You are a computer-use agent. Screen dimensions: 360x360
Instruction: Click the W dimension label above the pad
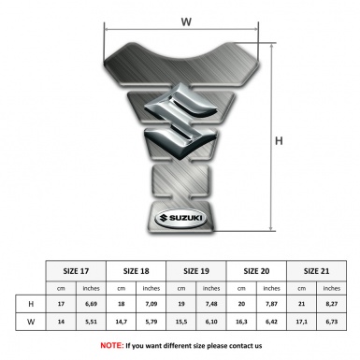coord(186,22)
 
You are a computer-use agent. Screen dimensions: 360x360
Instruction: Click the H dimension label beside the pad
coord(279,141)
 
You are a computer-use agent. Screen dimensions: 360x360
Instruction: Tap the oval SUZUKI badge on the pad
coord(180,218)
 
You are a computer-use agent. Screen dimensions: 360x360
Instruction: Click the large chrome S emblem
coord(180,122)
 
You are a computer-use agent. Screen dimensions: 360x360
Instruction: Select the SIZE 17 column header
coord(76,271)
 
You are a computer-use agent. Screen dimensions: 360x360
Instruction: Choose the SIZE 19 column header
coord(196,271)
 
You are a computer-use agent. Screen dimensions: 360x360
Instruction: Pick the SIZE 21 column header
coord(316,271)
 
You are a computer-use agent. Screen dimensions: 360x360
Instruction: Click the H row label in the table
coord(31,304)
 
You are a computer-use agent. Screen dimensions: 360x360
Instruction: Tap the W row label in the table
coord(31,322)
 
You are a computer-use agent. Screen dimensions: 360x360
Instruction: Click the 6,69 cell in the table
coord(91,304)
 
